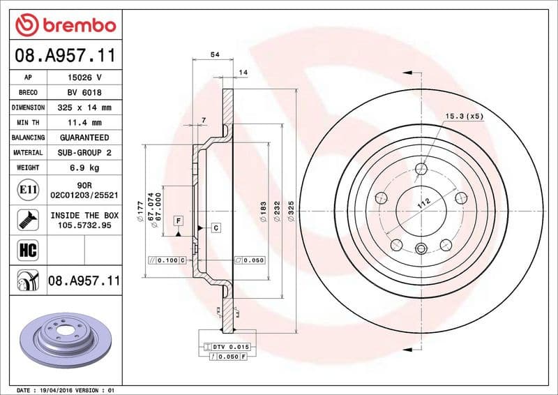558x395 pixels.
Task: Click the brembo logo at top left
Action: tap(64, 25)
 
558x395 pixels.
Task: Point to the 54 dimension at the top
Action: tap(215, 55)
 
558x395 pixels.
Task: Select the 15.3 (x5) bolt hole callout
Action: tap(465, 116)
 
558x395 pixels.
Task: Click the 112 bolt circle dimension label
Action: tap(422, 204)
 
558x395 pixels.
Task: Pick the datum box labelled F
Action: tap(179, 221)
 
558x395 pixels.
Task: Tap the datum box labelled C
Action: tap(216, 228)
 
